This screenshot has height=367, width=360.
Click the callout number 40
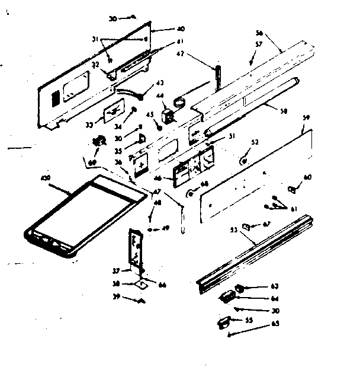tap(164, 28)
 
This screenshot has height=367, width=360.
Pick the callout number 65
tap(275, 324)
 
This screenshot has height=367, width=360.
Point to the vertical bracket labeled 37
tap(136, 249)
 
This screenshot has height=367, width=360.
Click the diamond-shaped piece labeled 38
tap(142, 284)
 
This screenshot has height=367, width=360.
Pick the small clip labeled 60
tap(291, 189)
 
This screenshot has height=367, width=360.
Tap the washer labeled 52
tap(243, 161)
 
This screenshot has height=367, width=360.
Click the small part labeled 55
tap(224, 322)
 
